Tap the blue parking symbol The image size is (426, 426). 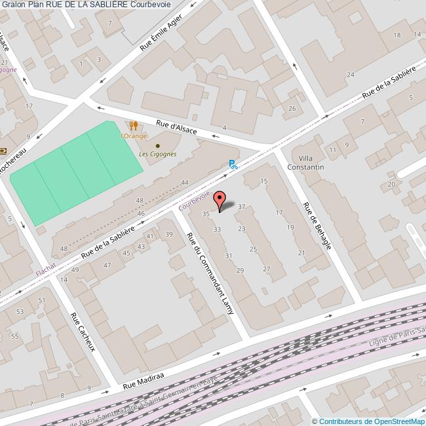pos(233,165)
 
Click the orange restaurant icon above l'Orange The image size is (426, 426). pos(133,125)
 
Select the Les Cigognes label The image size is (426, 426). pos(157,154)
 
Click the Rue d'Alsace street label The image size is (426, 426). pos(176,127)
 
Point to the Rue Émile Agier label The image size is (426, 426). pos(161,36)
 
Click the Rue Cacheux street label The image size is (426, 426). pos(83,331)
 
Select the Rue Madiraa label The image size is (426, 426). pos(143,383)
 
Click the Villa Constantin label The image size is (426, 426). pos(311,163)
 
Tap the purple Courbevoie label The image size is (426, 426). pos(194,201)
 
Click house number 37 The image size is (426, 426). pos(242,206)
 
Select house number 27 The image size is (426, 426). pos(267,269)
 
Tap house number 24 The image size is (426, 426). pos(351,75)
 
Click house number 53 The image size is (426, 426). pos(20,311)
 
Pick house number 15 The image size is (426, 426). pos(264,181)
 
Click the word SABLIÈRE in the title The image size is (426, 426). pos(105,5)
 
